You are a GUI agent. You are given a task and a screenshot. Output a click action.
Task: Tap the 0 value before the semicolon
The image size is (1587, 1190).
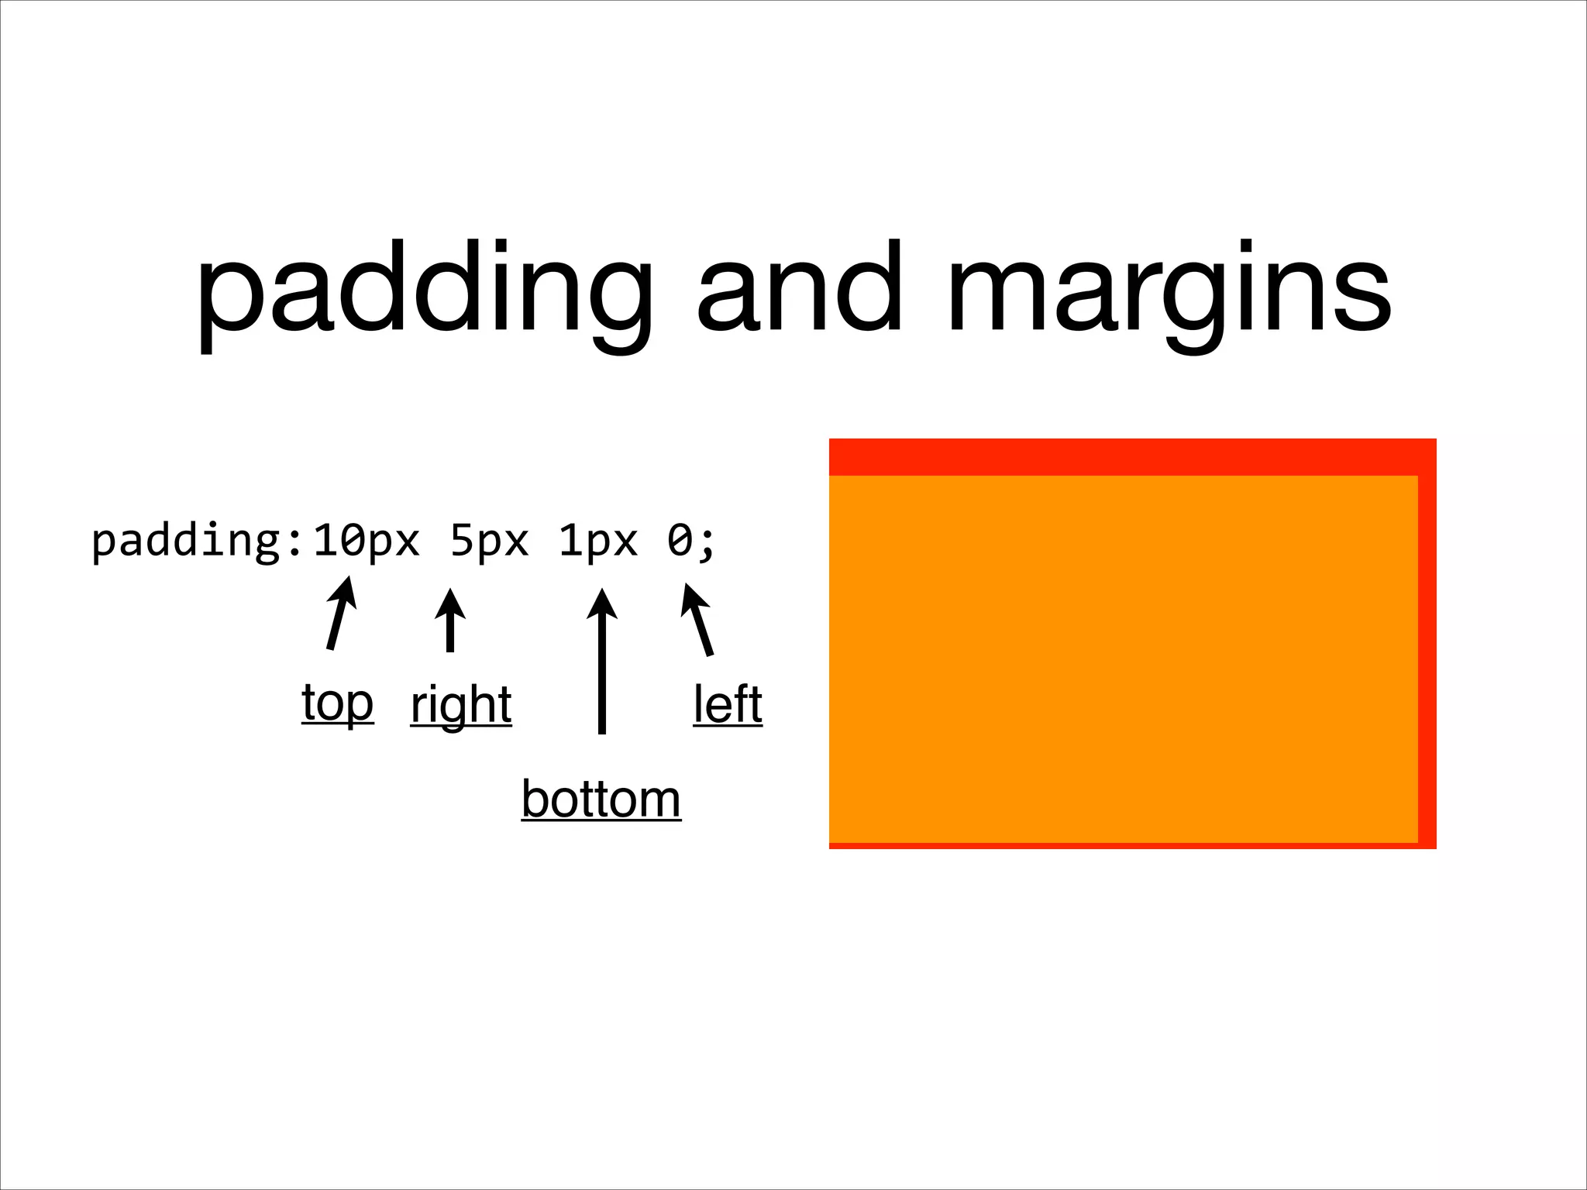680,540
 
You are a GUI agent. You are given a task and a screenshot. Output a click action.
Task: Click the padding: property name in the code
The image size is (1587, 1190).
197,542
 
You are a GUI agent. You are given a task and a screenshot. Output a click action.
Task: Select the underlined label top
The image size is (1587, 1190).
337,703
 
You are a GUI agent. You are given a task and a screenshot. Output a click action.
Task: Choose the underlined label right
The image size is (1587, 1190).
461,705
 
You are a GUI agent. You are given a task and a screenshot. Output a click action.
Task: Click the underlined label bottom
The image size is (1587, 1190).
601,799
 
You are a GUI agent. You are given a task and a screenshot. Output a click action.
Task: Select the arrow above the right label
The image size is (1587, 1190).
449,620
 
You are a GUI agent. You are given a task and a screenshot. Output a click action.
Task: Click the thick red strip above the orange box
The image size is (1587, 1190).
1131,457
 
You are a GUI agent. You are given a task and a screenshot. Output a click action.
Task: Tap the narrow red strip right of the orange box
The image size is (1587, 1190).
1427,659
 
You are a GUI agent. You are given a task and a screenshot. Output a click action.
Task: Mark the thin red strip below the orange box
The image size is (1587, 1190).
1124,845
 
